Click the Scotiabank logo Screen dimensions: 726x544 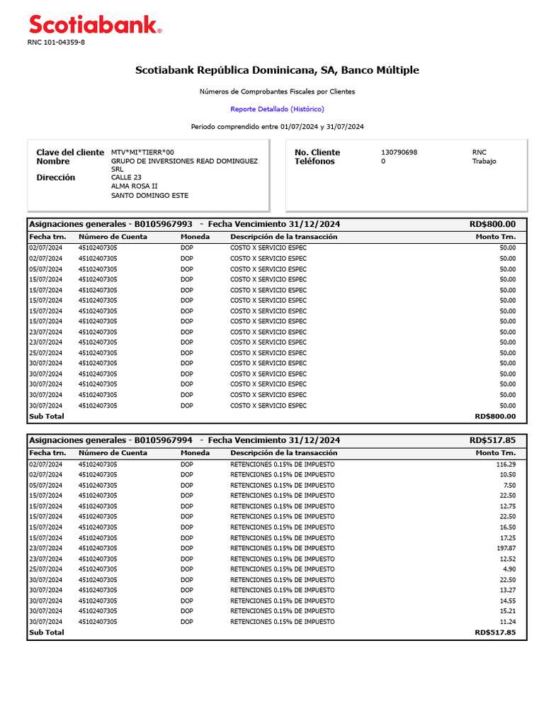coord(95,26)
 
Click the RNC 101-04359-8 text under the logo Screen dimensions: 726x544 coord(56,43)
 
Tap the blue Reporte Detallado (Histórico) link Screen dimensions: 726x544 coord(277,109)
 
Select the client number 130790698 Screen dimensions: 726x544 coord(399,152)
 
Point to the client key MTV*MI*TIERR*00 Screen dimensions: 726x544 coord(142,152)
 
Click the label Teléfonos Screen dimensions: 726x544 coord(314,162)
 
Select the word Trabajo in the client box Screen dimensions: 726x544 coord(484,162)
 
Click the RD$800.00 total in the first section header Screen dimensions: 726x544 coord(492,224)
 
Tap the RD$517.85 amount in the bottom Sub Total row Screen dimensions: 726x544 coord(495,632)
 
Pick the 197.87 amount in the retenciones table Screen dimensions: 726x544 coord(506,548)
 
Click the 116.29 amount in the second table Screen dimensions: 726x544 coord(506,464)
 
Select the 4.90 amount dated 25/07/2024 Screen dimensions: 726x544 coord(509,569)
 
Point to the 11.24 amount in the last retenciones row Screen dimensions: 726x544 coord(507,622)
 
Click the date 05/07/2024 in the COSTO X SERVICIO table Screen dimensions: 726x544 coord(45,269)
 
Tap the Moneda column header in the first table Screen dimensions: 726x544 coord(195,237)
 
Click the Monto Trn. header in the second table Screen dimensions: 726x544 coord(496,453)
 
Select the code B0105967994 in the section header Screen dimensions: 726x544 coord(163,440)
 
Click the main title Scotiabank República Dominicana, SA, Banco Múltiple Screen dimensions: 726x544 coord(277,70)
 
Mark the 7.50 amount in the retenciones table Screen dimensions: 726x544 coord(509,485)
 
